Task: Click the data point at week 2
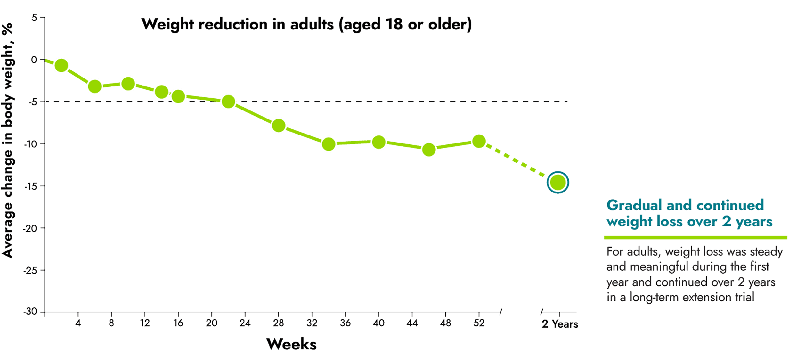[61, 65]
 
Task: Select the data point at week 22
[228, 102]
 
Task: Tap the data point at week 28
[278, 125]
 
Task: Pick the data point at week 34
[329, 144]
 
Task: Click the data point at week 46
[429, 149]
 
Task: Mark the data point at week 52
[479, 141]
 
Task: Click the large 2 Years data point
[558, 183]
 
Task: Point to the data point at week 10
[128, 84]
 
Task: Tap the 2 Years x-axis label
[560, 324]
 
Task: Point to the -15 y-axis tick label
[31, 186]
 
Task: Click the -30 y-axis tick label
[31, 312]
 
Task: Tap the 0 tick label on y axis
[35, 60]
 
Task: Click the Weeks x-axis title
[291, 345]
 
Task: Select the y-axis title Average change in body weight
[8, 141]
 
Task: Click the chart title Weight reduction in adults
[306, 25]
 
